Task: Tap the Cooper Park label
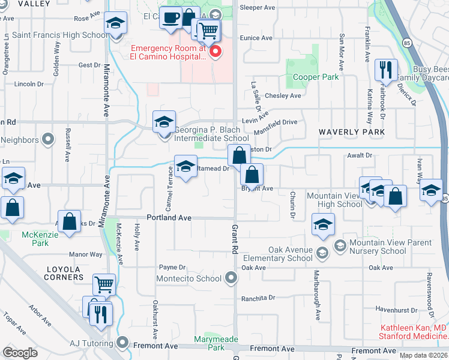[316, 77]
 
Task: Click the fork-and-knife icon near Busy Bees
[385, 70]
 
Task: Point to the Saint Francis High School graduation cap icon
[115, 23]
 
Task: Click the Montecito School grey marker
[231, 278]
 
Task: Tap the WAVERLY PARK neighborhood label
[351, 131]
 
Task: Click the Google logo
[20, 352]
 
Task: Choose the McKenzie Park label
[35, 239]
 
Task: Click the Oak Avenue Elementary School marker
[322, 254]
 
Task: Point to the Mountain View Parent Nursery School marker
[340, 245]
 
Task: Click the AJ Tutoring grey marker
[123, 343]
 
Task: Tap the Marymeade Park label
[216, 341]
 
